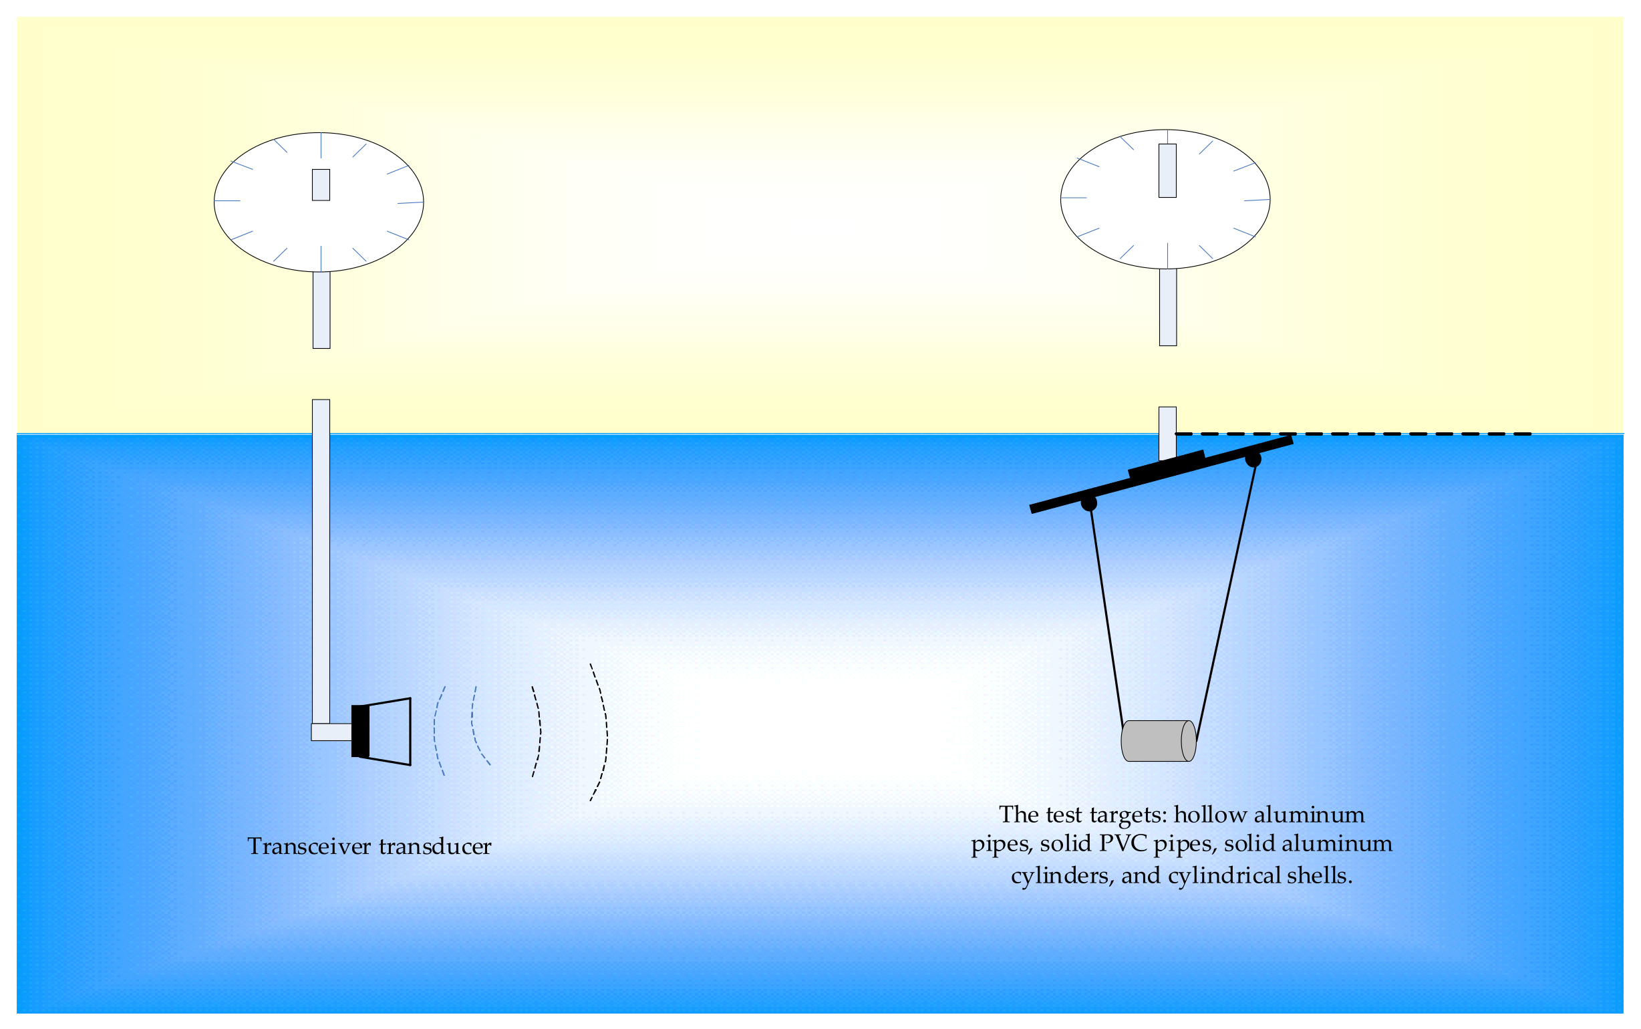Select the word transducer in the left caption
click(x=435, y=847)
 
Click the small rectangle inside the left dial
click(x=321, y=185)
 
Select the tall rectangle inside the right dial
click(x=1167, y=171)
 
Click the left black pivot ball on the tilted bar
click(x=1088, y=503)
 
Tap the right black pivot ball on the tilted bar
click(x=1253, y=460)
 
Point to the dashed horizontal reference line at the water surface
click(x=1360, y=434)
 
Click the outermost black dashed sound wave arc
click(x=601, y=732)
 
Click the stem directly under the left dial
click(x=321, y=310)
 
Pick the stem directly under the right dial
click(x=1167, y=307)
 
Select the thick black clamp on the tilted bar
click(x=1166, y=465)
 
